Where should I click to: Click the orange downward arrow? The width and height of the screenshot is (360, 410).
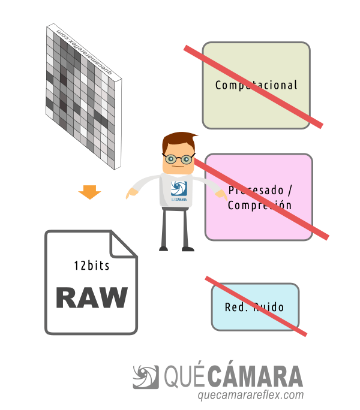89,192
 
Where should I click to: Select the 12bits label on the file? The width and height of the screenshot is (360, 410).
92,264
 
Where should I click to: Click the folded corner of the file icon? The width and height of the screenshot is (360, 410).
123,244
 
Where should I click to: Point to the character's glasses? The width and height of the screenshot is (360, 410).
178,159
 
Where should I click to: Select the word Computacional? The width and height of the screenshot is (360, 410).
256,85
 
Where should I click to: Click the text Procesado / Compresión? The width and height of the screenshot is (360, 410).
259,198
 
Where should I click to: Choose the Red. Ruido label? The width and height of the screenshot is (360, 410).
254,307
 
